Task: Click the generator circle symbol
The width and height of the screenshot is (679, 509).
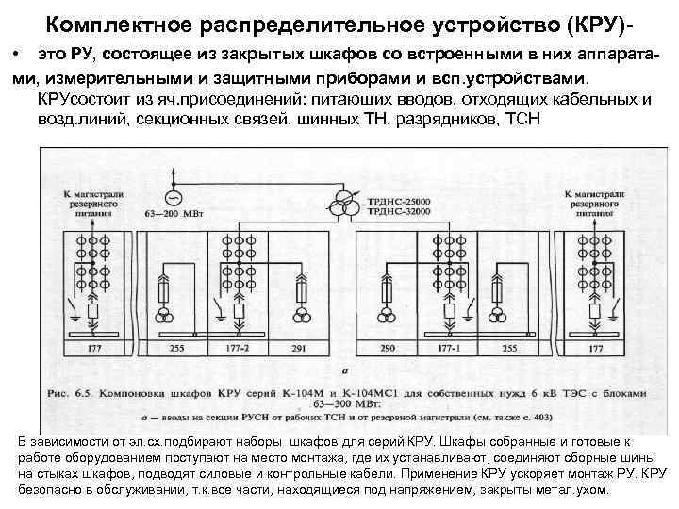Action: pyautogui.click(x=172, y=197)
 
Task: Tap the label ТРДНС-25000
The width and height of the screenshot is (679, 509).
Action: pyautogui.click(x=393, y=201)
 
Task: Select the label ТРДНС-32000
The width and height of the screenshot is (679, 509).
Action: pyautogui.click(x=393, y=213)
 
